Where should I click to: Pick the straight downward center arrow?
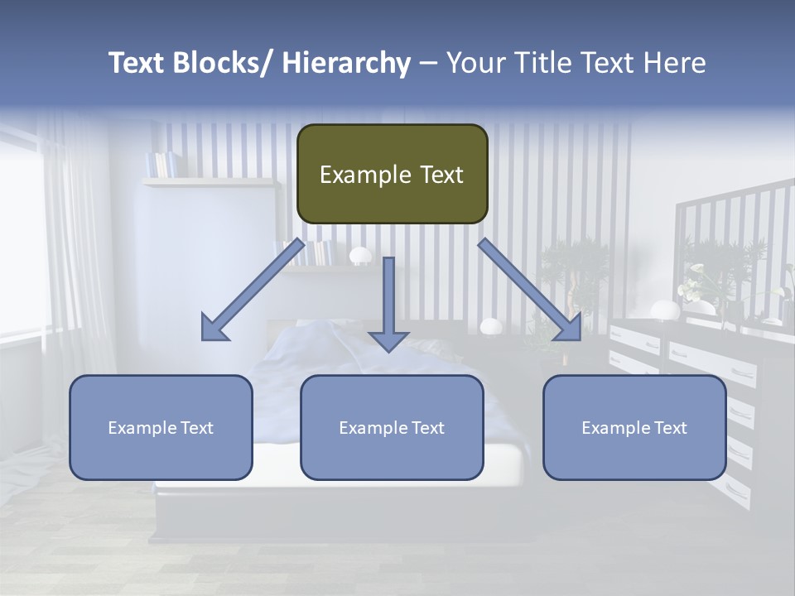(388, 303)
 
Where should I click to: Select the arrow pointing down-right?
(530, 290)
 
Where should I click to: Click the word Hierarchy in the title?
(346, 63)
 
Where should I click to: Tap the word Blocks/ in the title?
(218, 63)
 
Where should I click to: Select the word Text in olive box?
(436, 175)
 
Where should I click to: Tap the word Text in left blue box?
(195, 428)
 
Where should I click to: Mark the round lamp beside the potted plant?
(490, 326)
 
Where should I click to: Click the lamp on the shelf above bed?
(360, 256)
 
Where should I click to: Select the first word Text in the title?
(137, 63)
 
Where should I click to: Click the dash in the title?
(428, 63)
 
